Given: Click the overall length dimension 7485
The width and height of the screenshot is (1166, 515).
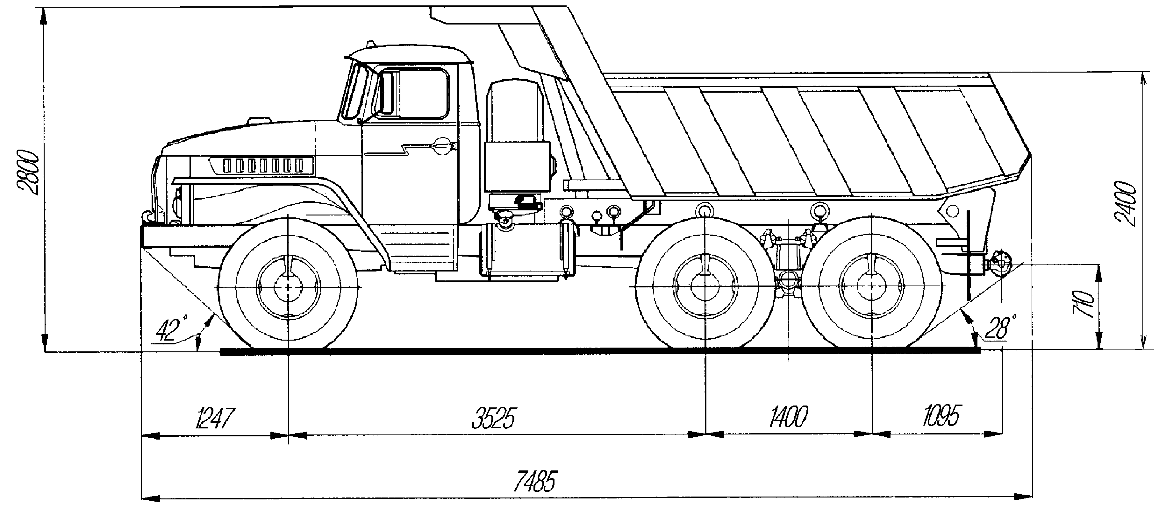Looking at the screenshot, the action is (534, 482).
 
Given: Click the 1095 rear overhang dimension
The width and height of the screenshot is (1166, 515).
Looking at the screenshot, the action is (941, 415).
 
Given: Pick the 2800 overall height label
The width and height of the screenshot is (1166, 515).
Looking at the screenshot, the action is (28, 172).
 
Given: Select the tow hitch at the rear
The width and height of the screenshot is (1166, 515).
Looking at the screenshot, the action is (998, 264).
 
